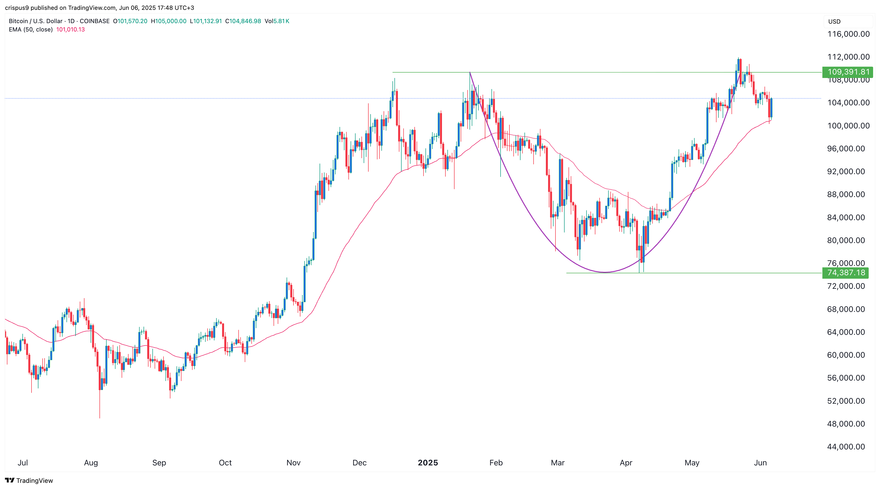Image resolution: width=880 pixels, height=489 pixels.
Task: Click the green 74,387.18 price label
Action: coord(846,273)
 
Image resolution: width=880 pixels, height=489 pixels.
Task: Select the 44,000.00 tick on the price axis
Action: coord(846,447)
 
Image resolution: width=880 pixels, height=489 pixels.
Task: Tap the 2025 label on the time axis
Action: coord(428,463)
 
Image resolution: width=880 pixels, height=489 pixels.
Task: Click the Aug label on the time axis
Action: coord(91,463)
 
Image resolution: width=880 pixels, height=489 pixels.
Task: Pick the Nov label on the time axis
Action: coord(293,463)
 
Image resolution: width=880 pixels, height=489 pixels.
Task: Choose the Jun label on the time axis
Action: coord(760,463)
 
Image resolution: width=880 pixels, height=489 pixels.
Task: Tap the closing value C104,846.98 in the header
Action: coord(243,21)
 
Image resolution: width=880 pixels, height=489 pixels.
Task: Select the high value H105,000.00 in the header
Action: coord(169,21)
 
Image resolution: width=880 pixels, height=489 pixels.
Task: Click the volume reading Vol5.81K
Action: coord(277,21)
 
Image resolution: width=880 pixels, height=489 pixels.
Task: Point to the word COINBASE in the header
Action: coord(95,21)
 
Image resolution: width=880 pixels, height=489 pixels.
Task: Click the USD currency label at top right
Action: coord(834,21)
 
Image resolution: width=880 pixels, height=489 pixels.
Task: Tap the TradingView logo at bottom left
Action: coord(29,480)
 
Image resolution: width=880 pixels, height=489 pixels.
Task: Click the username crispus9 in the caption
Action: coord(17,8)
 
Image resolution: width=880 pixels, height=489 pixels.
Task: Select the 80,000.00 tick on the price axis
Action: coord(846,240)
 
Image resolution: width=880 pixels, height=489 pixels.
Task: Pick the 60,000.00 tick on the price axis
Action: coord(846,355)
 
